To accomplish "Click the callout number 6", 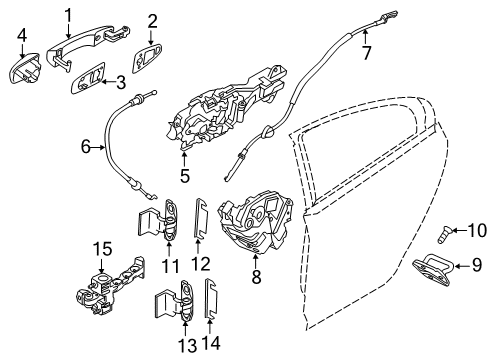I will pos(88,148).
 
